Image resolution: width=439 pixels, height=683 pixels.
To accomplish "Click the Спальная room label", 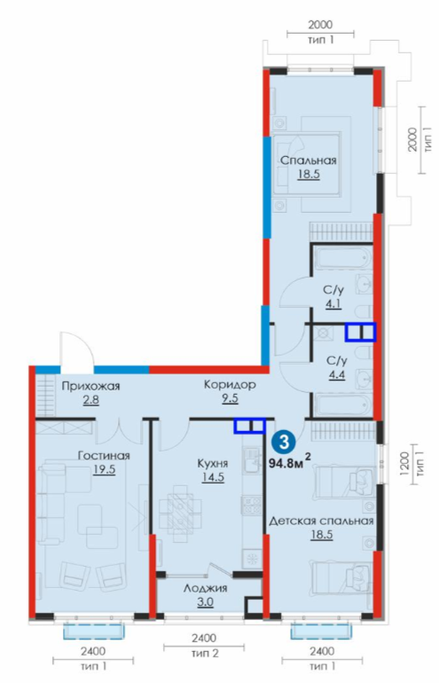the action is click(x=308, y=160).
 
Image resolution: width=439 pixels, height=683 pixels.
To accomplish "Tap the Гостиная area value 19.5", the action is click(x=104, y=469).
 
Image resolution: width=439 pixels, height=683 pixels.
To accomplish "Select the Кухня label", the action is click(x=213, y=463).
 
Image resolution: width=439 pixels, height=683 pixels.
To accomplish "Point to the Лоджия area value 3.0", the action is click(x=205, y=602).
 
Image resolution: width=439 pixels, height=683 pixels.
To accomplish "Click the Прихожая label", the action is click(x=90, y=386).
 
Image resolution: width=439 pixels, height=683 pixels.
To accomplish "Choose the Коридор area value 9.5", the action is click(x=230, y=398).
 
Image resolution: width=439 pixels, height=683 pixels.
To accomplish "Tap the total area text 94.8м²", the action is click(x=290, y=462).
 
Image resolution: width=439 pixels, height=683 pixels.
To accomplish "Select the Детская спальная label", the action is click(x=321, y=521).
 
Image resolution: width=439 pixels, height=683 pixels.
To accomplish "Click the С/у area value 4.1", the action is click(x=333, y=304).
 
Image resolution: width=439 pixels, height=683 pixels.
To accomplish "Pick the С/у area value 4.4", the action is click(x=337, y=374).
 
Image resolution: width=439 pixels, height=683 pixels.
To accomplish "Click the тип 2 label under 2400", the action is click(x=204, y=654).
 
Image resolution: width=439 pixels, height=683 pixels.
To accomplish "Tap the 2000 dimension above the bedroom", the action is click(x=320, y=25).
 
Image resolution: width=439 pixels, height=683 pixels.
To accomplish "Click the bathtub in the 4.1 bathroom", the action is click(x=342, y=258).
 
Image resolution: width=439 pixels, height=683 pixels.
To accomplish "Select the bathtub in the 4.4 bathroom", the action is click(x=342, y=404).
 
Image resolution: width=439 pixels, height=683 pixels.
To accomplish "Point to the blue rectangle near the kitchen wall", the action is click(x=249, y=426).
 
